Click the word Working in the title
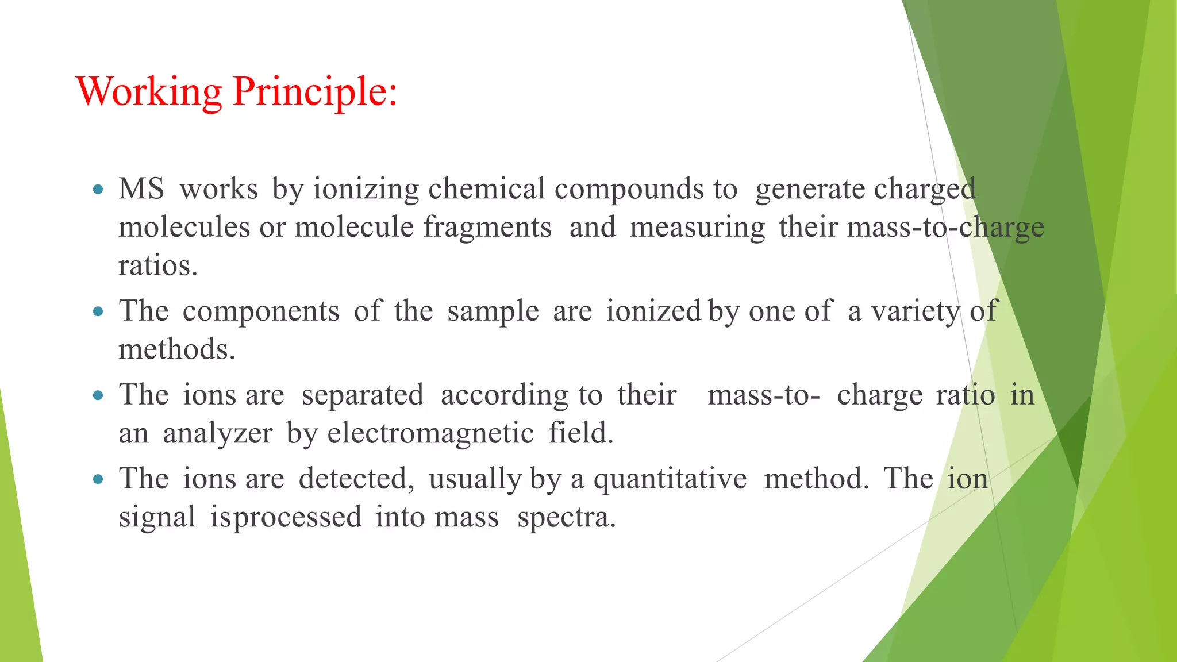point(149,92)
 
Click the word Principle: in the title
point(315,92)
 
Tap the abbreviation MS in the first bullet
point(141,188)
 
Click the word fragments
point(487,228)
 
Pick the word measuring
point(697,228)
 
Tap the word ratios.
point(158,265)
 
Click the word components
point(261,311)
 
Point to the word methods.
point(177,349)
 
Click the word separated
point(363,395)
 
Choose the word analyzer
point(218,433)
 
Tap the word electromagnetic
point(430,433)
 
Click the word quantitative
point(670,479)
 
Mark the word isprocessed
point(286,517)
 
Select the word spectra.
point(567,517)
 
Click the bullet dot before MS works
point(98,188)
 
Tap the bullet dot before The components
point(98,311)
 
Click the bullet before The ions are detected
point(98,479)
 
